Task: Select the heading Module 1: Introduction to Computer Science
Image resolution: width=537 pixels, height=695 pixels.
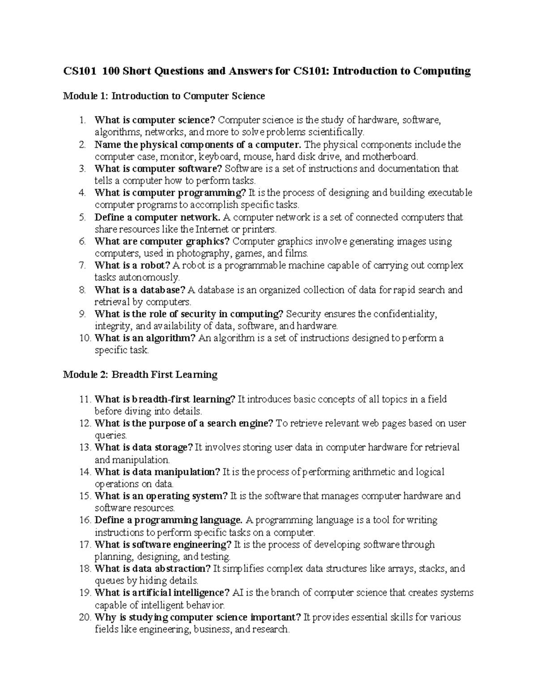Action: [164, 96]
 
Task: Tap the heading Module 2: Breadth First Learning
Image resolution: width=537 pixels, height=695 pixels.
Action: [140, 375]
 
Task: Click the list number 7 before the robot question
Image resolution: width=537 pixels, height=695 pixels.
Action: [82, 265]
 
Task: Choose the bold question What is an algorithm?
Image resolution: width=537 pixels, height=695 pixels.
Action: [145, 338]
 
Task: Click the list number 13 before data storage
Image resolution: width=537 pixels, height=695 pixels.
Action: [84, 448]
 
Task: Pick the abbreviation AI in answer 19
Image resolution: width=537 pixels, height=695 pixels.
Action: [238, 593]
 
